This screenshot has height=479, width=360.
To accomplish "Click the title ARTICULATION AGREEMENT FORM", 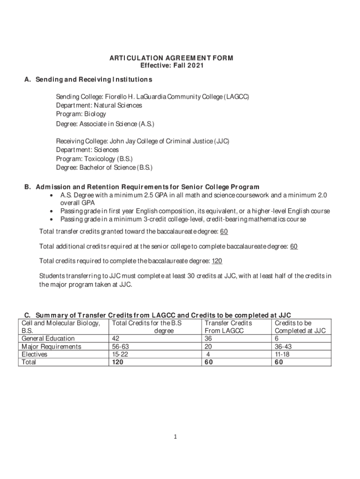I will coord(171,58).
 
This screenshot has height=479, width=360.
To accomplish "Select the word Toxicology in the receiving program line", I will coord(99,158).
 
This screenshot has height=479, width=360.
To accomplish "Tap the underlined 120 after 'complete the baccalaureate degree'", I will coord(217,261).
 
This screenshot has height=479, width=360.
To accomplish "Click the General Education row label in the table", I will coord(48,338).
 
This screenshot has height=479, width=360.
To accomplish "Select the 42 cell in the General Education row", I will coord(115,338).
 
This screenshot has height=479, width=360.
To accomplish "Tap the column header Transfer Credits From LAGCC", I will coord(228,327).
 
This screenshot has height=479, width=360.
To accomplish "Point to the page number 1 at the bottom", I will coord(173,437).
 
